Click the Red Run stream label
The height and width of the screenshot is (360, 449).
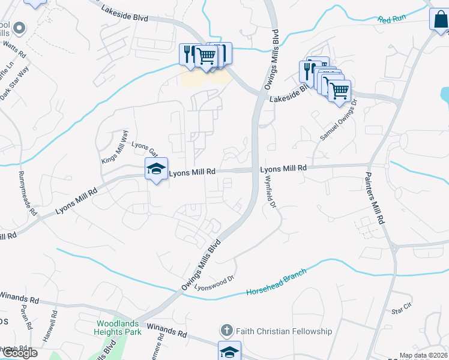pos(392,20)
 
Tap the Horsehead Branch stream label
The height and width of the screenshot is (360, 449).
pos(276,282)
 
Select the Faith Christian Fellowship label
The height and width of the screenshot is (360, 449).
pos(284,331)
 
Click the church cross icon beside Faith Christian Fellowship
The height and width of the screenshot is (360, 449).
pos(226,331)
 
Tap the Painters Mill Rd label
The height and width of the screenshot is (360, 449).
pos(373,199)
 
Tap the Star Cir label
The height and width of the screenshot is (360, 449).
pos(402,310)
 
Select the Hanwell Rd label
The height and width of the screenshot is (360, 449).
pos(54,322)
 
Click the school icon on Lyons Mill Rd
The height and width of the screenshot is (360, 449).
pos(156,169)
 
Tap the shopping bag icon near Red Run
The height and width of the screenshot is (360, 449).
pos(439,20)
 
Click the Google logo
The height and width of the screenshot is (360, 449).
pos(19,353)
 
